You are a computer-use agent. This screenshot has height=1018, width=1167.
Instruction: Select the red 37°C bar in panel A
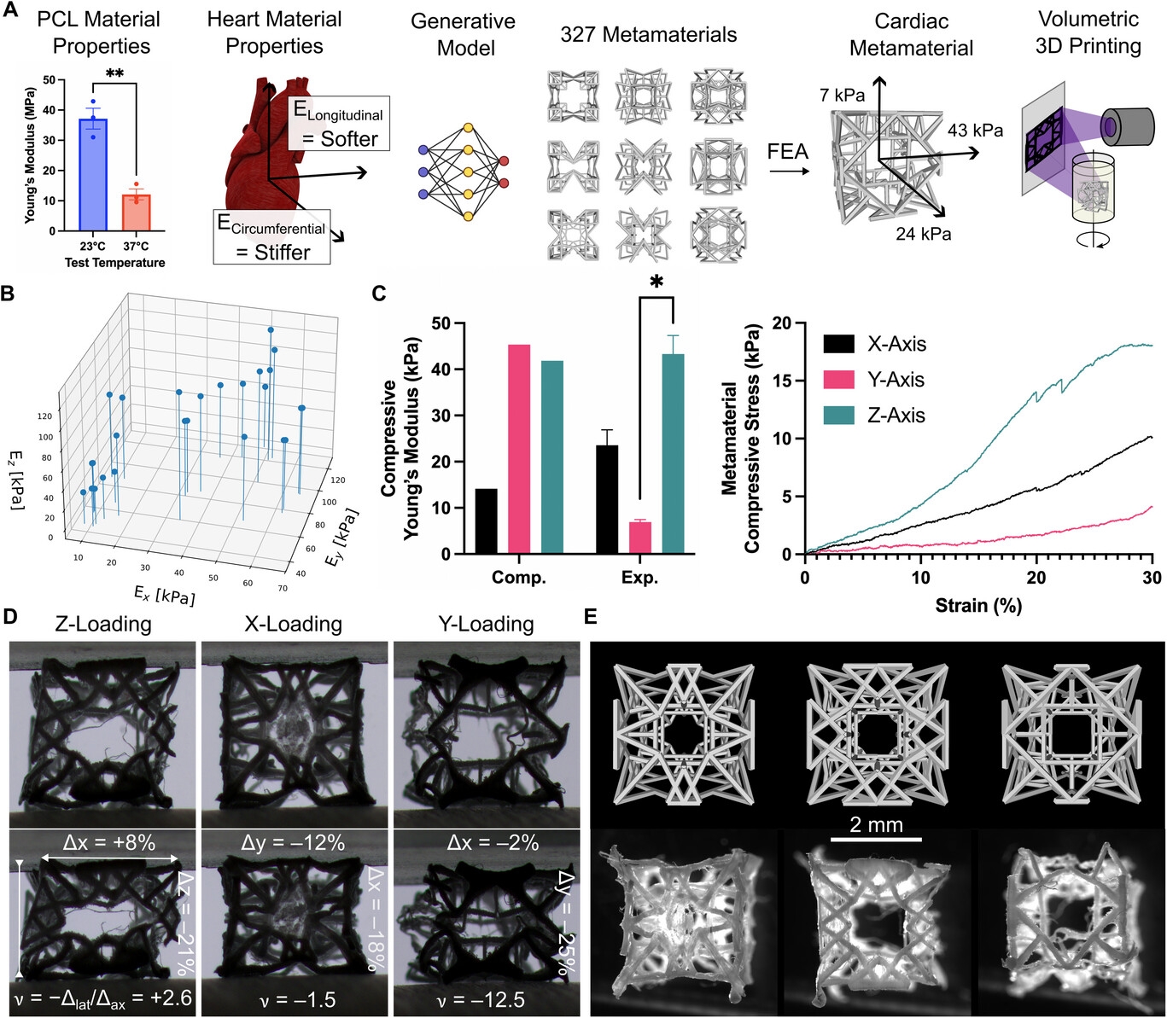click(137, 212)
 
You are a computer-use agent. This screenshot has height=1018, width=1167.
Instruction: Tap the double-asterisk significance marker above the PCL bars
click(115, 73)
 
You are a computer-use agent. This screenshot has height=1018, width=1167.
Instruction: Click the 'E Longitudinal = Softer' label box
click(339, 124)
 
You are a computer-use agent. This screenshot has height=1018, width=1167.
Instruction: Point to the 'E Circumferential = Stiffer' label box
click(271, 237)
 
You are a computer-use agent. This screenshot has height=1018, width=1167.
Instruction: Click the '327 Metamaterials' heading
click(649, 35)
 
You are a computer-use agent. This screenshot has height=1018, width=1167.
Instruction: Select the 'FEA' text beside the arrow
click(787, 152)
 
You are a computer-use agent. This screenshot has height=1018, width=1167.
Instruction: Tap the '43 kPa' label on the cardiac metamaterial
click(975, 131)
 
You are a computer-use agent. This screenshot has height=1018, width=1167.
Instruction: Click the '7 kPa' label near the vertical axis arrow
click(842, 96)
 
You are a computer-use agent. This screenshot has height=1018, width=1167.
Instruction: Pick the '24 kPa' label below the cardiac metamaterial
click(924, 233)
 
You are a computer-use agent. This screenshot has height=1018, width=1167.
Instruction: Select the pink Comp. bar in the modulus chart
click(519, 449)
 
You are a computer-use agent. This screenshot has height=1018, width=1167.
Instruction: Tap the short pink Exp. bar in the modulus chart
click(640, 538)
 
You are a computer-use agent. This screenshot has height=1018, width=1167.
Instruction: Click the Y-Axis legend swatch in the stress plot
click(838, 380)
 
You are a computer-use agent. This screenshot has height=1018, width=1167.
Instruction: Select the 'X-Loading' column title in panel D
click(293, 624)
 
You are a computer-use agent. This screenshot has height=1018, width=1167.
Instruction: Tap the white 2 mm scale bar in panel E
click(876, 840)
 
